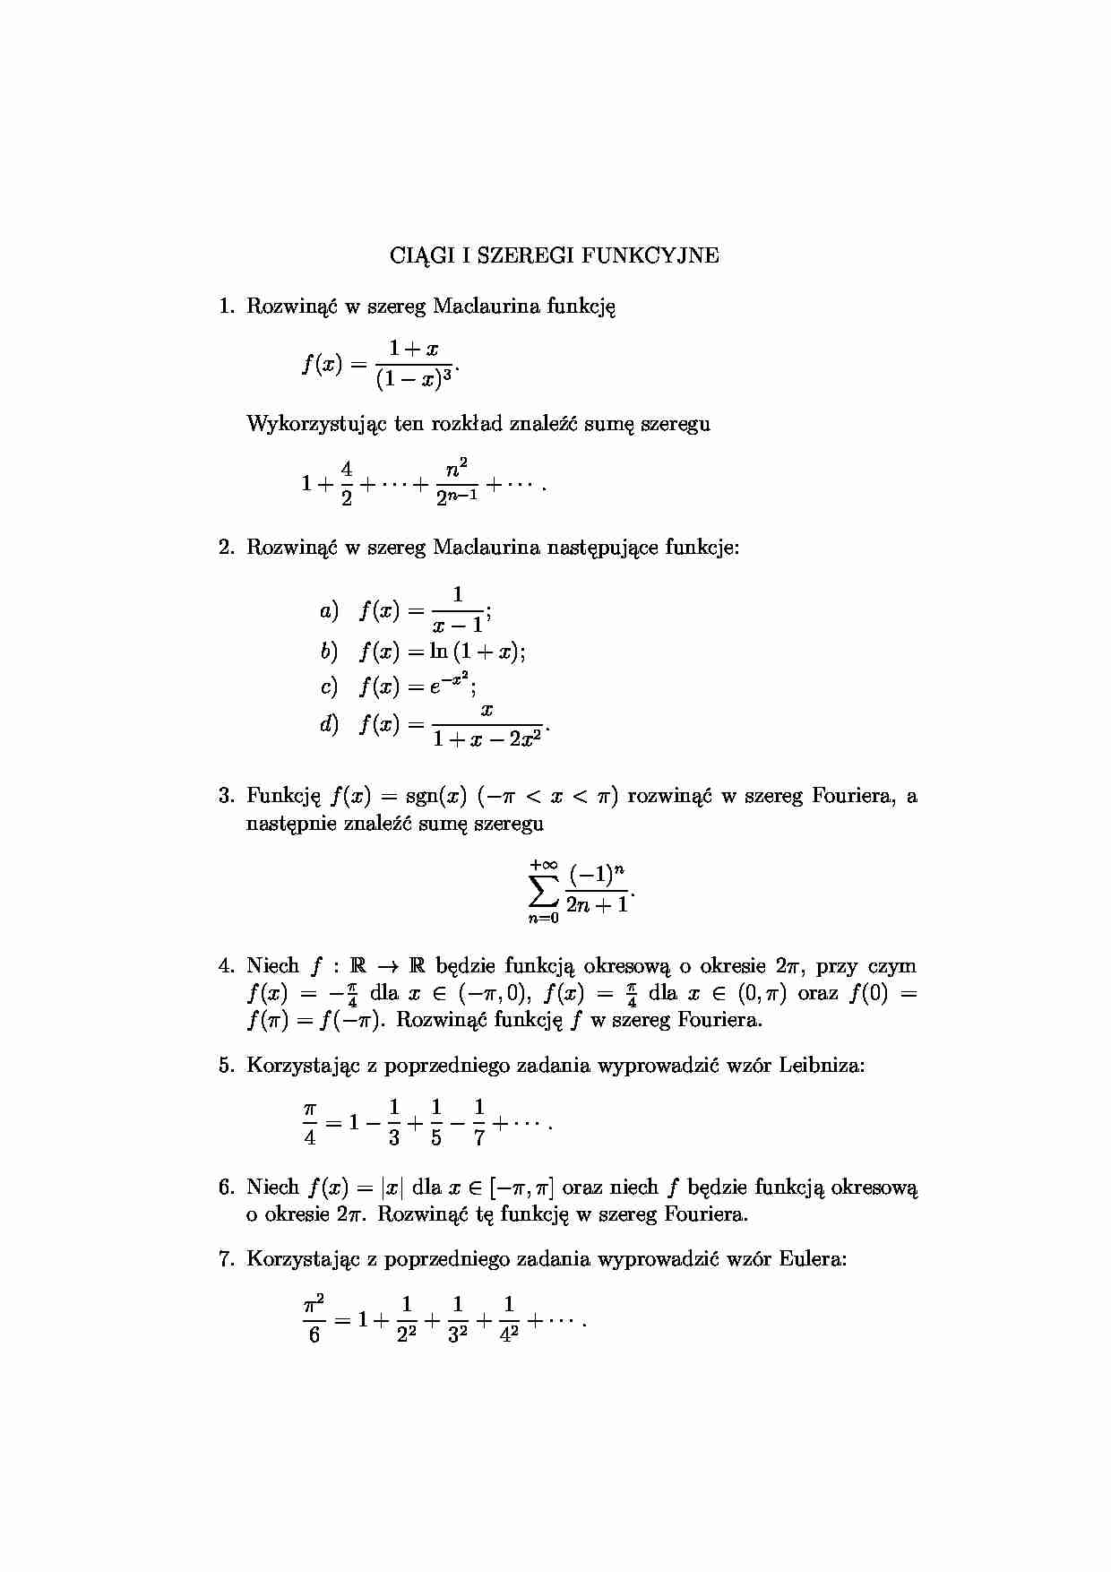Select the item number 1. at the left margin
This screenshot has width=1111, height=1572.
228,307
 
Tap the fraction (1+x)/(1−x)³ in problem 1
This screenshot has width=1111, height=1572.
415,365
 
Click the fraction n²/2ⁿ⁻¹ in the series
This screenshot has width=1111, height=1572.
456,482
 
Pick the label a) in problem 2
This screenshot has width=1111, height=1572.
329,611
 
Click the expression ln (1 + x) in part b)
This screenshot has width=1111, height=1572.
474,652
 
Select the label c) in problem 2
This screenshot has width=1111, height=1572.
329,687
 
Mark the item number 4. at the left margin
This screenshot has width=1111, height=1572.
228,966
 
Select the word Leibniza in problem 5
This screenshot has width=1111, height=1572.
821,1066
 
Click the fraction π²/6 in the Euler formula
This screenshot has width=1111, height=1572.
314,1320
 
